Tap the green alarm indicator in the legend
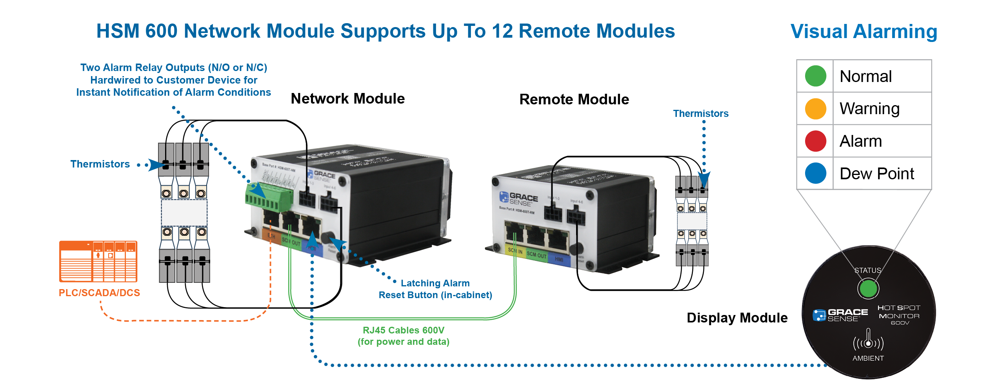click(x=815, y=77)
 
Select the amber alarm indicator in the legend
click(x=815, y=109)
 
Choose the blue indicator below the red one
click(x=818, y=176)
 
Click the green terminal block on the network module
click(x=268, y=195)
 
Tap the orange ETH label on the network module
click(x=271, y=236)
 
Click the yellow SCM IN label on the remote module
click(x=515, y=251)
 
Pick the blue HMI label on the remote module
click(x=559, y=259)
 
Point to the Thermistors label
click(x=701, y=115)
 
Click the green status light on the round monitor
click(x=867, y=289)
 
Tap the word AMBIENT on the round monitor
click(x=868, y=358)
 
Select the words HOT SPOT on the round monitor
click(x=898, y=308)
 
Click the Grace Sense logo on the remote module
click(x=518, y=198)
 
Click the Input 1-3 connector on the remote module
click(x=553, y=214)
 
